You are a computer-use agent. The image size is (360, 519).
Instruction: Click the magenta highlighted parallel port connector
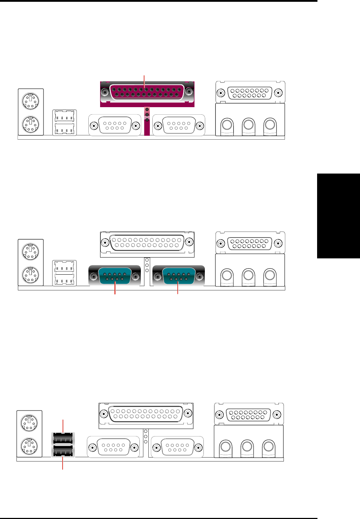147,92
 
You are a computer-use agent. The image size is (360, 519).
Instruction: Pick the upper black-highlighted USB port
63,438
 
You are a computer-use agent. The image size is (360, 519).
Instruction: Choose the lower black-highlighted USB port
63,451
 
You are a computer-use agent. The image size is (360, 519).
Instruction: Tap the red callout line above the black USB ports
63,426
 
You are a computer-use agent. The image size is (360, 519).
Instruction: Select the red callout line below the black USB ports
63,463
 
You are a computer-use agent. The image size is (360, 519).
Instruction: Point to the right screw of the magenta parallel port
189,92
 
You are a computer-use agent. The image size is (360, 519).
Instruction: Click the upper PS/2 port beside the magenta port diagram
30,101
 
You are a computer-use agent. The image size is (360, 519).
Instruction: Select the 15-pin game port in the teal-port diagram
250,243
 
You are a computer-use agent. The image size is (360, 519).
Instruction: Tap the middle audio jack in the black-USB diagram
247,446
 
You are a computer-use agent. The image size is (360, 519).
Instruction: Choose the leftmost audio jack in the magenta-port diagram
227,125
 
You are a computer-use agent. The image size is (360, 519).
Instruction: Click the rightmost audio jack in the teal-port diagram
270,275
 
